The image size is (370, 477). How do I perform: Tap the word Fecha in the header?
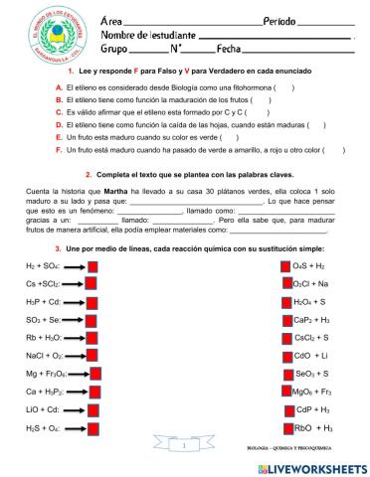click(230, 48)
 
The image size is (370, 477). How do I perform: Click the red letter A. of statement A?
click(60, 86)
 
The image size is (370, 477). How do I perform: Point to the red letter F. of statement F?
click(60, 150)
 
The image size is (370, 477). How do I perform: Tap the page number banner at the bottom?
click(186, 448)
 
